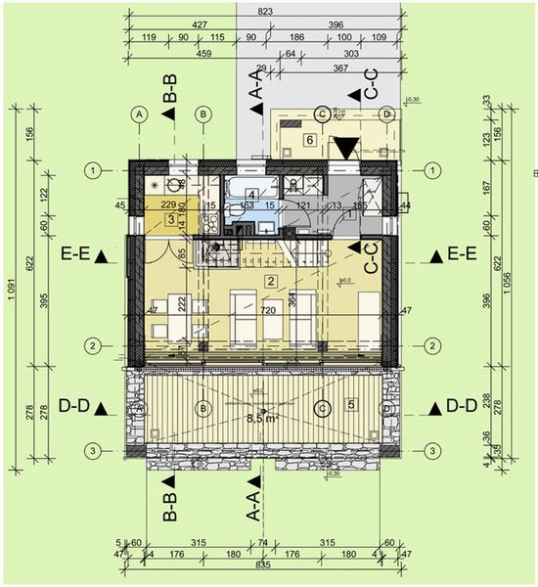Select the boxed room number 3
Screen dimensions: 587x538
171,220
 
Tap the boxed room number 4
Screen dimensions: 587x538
251,194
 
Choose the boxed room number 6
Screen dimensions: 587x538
310,140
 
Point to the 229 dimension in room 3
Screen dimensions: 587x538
167,204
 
